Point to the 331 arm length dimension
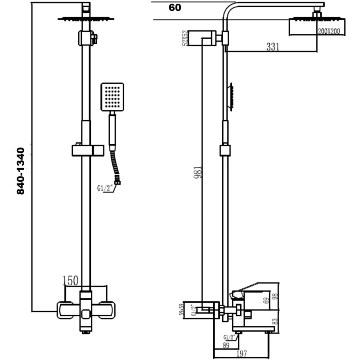click(x=273, y=46)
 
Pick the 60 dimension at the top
click(x=175, y=8)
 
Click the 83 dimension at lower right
click(x=277, y=321)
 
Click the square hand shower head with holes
click(x=112, y=96)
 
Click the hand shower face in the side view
click(x=231, y=96)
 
